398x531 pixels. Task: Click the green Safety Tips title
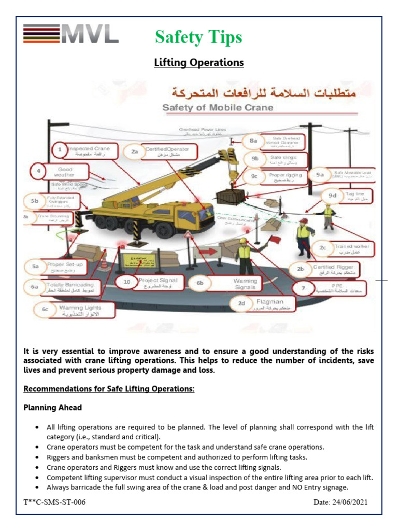coord(198,37)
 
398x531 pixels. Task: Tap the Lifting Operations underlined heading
coord(199,63)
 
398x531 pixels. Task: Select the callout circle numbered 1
coord(60,151)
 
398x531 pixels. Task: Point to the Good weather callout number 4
coord(38,171)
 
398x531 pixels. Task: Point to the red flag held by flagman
coord(272,240)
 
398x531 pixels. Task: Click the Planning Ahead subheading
coord(52,408)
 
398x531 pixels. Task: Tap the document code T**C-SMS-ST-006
coord(54,502)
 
